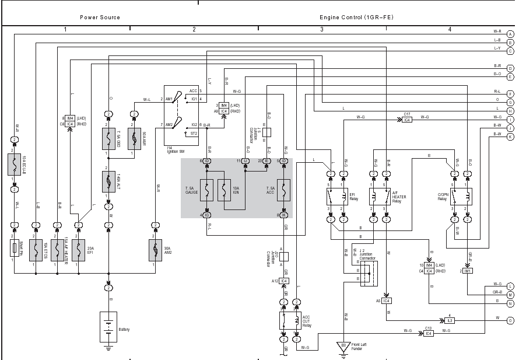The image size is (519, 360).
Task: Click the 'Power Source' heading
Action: pos(100,18)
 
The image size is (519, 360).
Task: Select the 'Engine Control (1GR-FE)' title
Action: pos(356,18)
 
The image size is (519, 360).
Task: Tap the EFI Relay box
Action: pos(336,197)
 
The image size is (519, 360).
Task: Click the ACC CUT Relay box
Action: pos(290,320)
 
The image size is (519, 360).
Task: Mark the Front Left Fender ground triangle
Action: pos(343,345)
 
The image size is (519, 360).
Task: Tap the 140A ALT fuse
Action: pos(108,183)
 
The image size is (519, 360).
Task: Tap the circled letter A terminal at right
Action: pos(510,34)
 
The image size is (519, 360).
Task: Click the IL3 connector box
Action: pos(450,320)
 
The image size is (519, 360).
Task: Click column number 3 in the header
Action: pos(321,29)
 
